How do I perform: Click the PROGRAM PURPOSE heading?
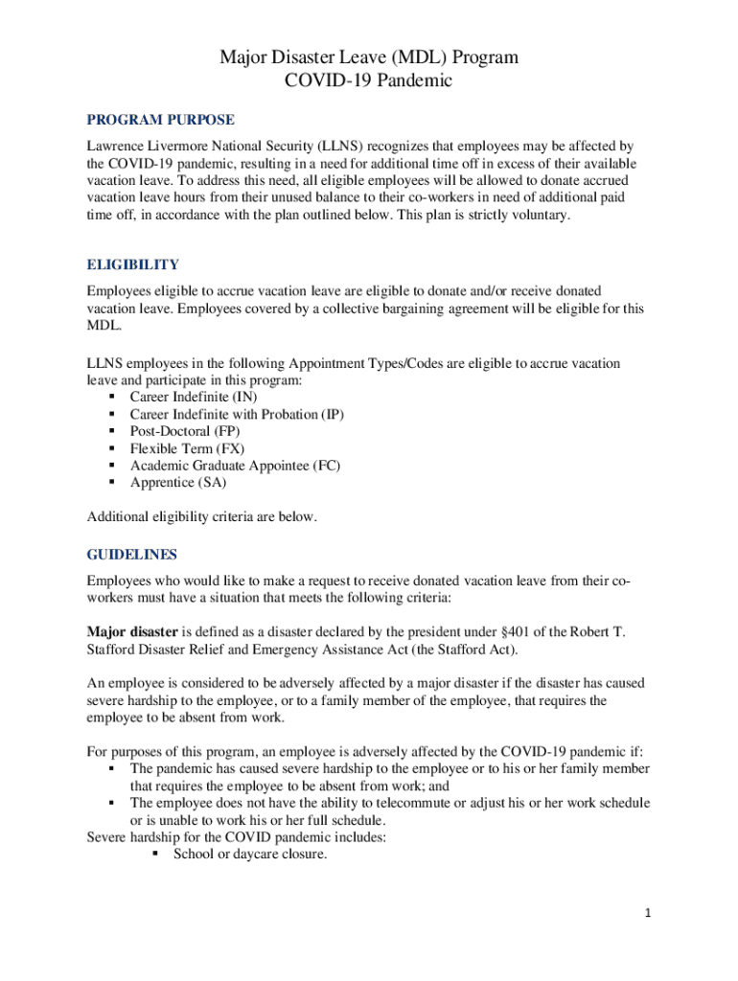pos(161,120)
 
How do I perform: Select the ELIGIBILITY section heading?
pos(132,264)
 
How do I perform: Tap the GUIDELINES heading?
pos(132,555)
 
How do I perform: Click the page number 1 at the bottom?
pos(648,913)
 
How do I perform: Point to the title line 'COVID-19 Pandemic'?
pos(369,81)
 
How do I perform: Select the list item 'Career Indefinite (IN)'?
pos(194,397)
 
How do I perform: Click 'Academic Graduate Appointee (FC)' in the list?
pos(235,466)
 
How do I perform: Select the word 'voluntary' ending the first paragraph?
pos(539,215)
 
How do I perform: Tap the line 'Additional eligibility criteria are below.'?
pos(201,517)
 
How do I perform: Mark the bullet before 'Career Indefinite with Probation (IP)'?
pos(112,414)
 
